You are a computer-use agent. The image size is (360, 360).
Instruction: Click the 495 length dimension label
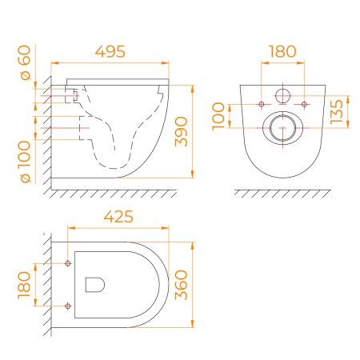point(110,51)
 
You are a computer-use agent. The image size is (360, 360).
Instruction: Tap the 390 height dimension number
point(181,131)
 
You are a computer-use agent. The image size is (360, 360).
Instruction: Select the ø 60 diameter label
point(26,62)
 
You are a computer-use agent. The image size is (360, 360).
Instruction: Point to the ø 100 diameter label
point(26,162)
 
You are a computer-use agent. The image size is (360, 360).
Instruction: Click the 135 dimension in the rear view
point(336,112)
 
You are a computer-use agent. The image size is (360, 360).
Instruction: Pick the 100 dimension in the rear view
point(218,116)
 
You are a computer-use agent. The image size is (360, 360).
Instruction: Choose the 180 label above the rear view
point(282,51)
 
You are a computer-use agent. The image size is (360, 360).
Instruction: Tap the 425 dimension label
point(118,217)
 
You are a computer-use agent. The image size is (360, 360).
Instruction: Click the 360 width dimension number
point(181,285)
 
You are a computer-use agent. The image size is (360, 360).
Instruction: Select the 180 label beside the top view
point(24,285)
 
